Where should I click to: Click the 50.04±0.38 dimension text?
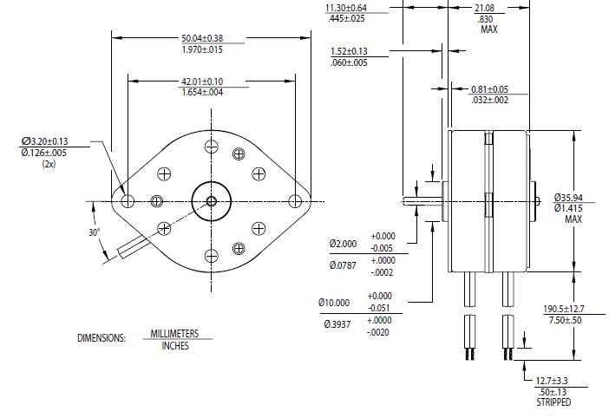point(201,38)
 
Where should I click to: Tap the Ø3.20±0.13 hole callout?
point(57,141)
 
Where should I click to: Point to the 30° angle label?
point(94,232)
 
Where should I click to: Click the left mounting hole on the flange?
point(128,201)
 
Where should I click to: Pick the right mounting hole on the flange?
point(295,201)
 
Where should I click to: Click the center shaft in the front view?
point(211,201)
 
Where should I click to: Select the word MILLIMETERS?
point(174,334)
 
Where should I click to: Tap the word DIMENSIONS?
point(101,338)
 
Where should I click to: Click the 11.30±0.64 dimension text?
point(346,8)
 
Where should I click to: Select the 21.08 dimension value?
point(485,8)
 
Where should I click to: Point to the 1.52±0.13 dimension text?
point(349,51)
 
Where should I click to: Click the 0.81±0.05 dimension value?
point(489,89)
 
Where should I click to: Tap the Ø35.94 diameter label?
point(571,198)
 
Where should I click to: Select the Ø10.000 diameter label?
point(335,303)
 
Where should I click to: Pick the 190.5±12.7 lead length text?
point(563,309)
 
